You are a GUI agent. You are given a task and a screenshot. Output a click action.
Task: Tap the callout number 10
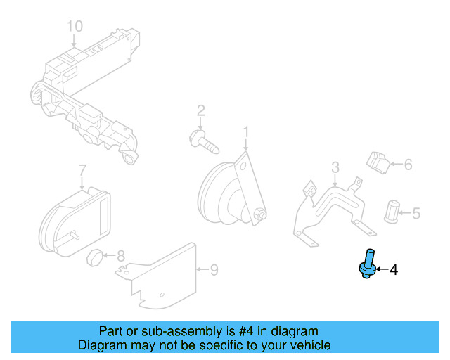pos(75,26)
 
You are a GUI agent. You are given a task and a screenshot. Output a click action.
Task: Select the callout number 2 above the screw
pos(200,110)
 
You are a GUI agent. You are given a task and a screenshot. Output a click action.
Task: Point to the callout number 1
pos(246,131)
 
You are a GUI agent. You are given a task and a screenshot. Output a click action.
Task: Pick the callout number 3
pos(335,167)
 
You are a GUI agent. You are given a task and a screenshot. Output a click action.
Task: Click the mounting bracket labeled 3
pos(330,207)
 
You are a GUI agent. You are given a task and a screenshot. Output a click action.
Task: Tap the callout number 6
pos(408,165)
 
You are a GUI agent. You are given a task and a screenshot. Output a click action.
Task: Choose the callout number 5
pos(416,212)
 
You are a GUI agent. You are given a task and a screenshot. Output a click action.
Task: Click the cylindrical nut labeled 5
pos(392,210)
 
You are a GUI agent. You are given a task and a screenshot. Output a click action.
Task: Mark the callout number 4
pos(394,269)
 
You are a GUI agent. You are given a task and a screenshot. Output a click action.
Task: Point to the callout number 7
pos(82,170)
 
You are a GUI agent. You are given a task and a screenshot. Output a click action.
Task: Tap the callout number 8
pos(120,256)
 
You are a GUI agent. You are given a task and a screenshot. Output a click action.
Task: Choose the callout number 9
pos(214,269)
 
